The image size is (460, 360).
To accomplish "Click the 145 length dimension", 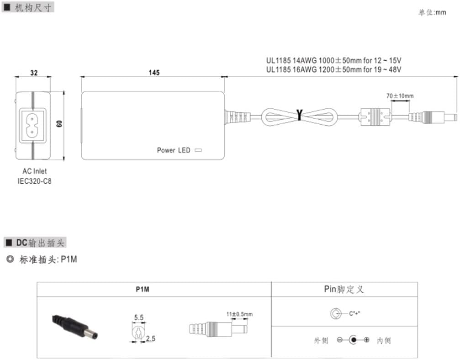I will point(153,73).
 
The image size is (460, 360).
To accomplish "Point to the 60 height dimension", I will point(59,125).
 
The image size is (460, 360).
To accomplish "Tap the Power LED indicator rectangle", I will point(198,150).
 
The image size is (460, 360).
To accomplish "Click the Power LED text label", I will point(174,150).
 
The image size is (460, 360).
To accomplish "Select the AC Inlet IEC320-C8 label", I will point(35,176).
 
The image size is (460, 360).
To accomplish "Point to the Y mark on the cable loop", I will point(299,115).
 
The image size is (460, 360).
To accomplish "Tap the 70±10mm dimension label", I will point(399,96).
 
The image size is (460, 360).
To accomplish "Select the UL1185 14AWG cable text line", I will point(334,60).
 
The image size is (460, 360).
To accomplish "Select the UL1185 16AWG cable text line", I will point(334,69).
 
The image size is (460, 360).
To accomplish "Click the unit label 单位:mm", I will point(432,13).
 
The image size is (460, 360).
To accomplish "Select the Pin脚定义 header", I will point(344,289).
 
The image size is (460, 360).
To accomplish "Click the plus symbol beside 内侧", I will point(366,340).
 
